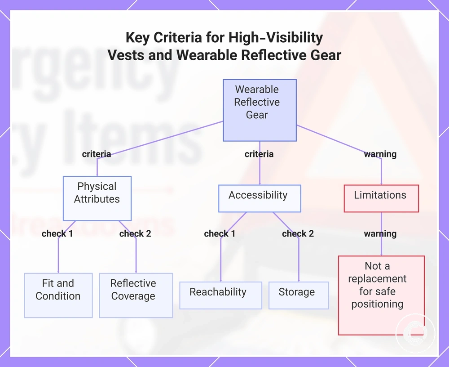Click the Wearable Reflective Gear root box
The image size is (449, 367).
(x=260, y=111)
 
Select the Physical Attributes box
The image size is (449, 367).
(x=97, y=198)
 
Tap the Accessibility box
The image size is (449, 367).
(x=260, y=198)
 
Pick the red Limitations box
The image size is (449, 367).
(x=381, y=198)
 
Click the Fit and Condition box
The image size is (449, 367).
(x=58, y=295)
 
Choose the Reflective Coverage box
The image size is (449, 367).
(x=136, y=295)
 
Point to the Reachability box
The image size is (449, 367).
(x=221, y=295)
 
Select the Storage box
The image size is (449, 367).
(x=299, y=295)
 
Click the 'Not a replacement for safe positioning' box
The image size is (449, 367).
(x=381, y=295)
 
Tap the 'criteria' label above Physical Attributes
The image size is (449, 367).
(x=97, y=154)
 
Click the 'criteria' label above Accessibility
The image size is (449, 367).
(x=259, y=154)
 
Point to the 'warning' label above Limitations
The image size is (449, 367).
(x=380, y=154)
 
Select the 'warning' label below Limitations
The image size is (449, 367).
(x=380, y=233)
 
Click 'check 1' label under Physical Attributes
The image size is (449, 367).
(x=57, y=233)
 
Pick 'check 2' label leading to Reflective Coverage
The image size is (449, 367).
(x=135, y=233)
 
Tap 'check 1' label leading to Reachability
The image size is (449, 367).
(x=220, y=233)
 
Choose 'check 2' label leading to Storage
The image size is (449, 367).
(x=298, y=233)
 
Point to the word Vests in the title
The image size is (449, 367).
(x=126, y=55)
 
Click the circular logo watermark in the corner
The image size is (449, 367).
(x=415, y=333)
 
